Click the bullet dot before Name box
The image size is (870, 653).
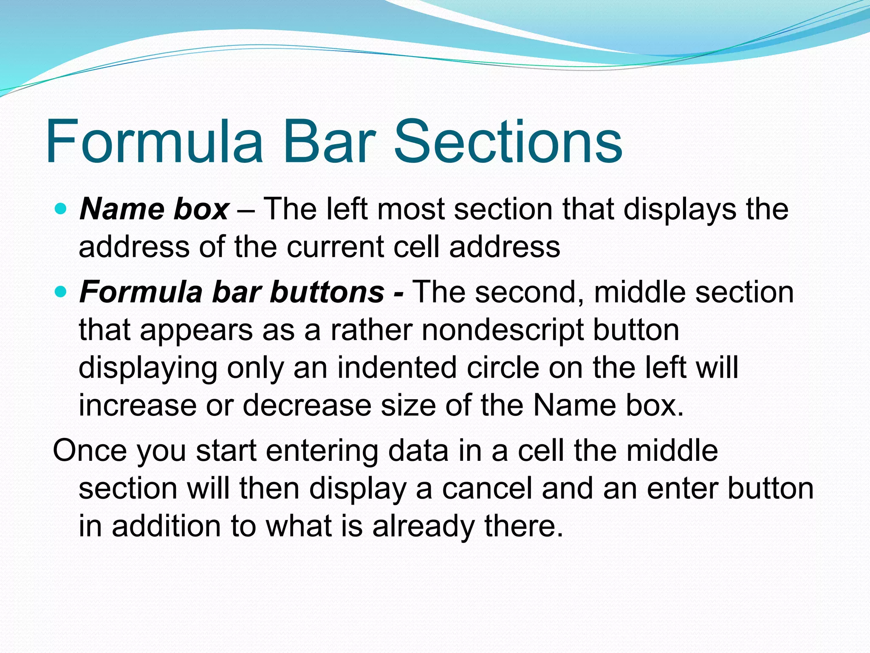(61, 208)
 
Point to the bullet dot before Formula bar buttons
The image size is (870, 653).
(61, 292)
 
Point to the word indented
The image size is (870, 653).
(397, 367)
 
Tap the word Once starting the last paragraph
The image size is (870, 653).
(90, 451)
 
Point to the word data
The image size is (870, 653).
(418, 451)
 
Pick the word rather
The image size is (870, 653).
(372, 330)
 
